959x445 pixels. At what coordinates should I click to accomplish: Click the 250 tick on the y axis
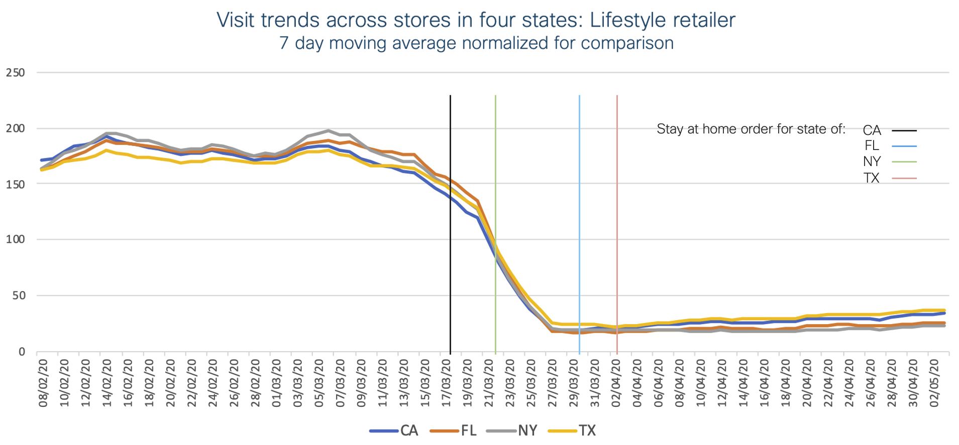16,73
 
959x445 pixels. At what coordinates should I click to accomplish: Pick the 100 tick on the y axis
16,239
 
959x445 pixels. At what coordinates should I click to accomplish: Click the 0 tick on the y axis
22,352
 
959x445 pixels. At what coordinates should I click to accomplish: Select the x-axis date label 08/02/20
44,382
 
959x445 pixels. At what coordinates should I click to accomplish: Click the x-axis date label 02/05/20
934,382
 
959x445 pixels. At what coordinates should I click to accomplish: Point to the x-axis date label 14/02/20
107,382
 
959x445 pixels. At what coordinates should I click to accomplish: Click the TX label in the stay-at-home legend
872,178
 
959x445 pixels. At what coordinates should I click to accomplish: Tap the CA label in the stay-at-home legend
872,130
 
